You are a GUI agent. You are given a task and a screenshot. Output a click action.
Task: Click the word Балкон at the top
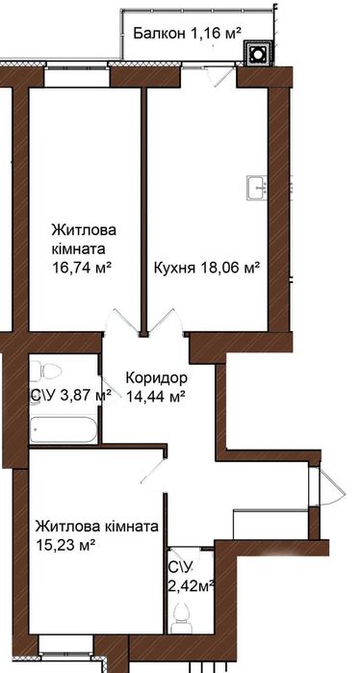[x=158, y=33]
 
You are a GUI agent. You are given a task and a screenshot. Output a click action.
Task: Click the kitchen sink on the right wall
[x=255, y=187]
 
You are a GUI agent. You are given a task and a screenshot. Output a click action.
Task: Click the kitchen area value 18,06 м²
[x=231, y=268]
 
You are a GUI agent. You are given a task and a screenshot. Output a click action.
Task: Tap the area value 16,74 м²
[x=83, y=268]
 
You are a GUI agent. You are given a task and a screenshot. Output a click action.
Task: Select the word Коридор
[x=157, y=376]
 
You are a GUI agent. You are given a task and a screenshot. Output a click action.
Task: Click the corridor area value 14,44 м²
[x=156, y=395]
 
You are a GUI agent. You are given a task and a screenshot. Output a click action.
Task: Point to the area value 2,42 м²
[x=190, y=583]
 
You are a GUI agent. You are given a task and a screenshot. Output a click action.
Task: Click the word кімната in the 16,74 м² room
[x=81, y=249]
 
